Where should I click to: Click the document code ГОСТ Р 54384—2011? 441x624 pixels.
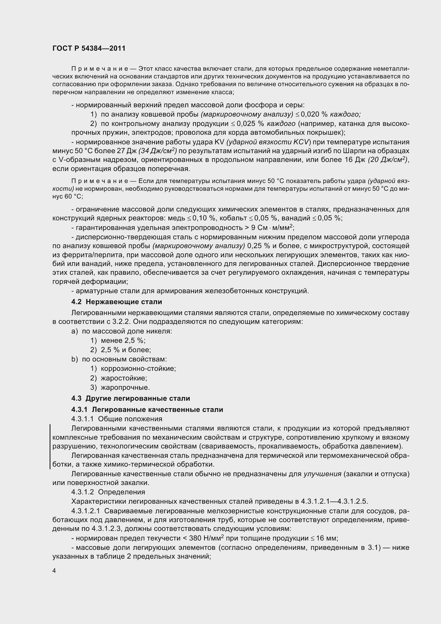(89, 49)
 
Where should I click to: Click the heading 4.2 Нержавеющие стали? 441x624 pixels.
(117, 302)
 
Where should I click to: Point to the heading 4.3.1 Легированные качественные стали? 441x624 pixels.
(147, 410)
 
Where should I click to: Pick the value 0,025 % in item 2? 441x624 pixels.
(251, 124)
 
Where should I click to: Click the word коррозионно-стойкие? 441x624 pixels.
(138, 368)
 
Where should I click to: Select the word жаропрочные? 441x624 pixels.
(125, 387)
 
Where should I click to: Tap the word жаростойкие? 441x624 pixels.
(124, 378)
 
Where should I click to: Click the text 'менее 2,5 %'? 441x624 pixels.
(123, 340)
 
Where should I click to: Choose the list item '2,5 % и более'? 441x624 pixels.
(126, 350)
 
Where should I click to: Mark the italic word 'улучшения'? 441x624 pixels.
(322, 474)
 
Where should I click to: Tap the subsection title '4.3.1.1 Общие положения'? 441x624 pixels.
(117, 419)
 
